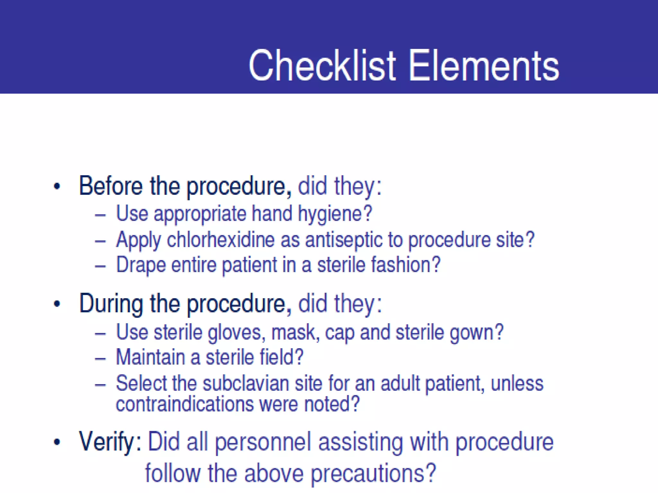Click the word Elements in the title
[x=484, y=66]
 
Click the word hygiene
[x=334, y=214]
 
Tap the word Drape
[x=141, y=265]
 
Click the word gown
[x=476, y=333]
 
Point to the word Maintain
[x=150, y=357]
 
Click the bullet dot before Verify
[x=57, y=442]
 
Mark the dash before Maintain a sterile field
[x=100, y=358]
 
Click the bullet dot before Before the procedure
[x=57, y=186]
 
